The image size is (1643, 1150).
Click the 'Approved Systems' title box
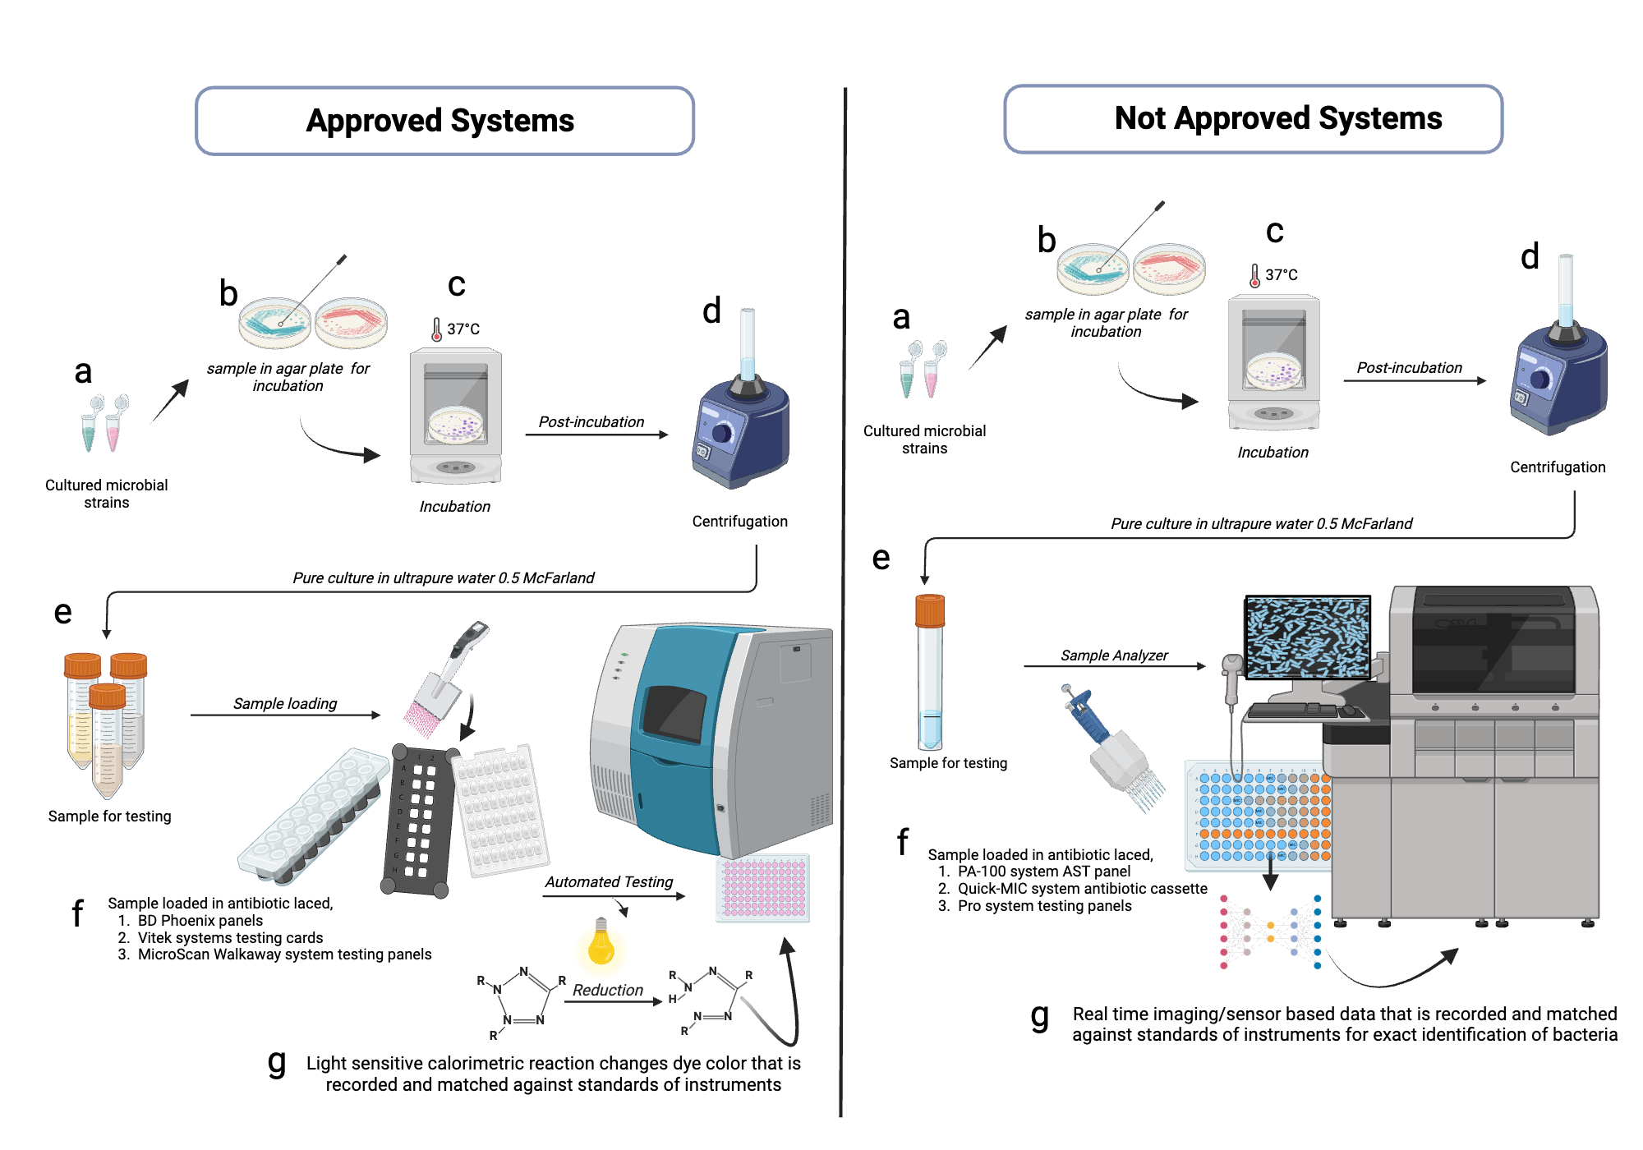click(444, 121)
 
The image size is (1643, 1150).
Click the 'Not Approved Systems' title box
click(1253, 119)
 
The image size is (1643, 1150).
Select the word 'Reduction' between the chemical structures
click(608, 990)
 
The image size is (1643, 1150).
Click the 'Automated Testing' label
click(609, 881)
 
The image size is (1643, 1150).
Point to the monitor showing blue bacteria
click(1307, 637)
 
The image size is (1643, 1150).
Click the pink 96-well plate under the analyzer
click(763, 889)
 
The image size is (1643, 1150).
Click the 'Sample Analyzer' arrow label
click(1113, 655)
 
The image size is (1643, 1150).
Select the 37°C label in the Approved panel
click(463, 329)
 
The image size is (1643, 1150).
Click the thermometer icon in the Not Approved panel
click(1254, 276)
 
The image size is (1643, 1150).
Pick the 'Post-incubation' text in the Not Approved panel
click(1409, 368)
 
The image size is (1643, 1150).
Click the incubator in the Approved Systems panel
click(456, 415)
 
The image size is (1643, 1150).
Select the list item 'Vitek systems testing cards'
click(230, 937)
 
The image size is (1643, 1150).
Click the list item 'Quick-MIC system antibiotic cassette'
click(1082, 889)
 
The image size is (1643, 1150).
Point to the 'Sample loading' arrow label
click(285, 703)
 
